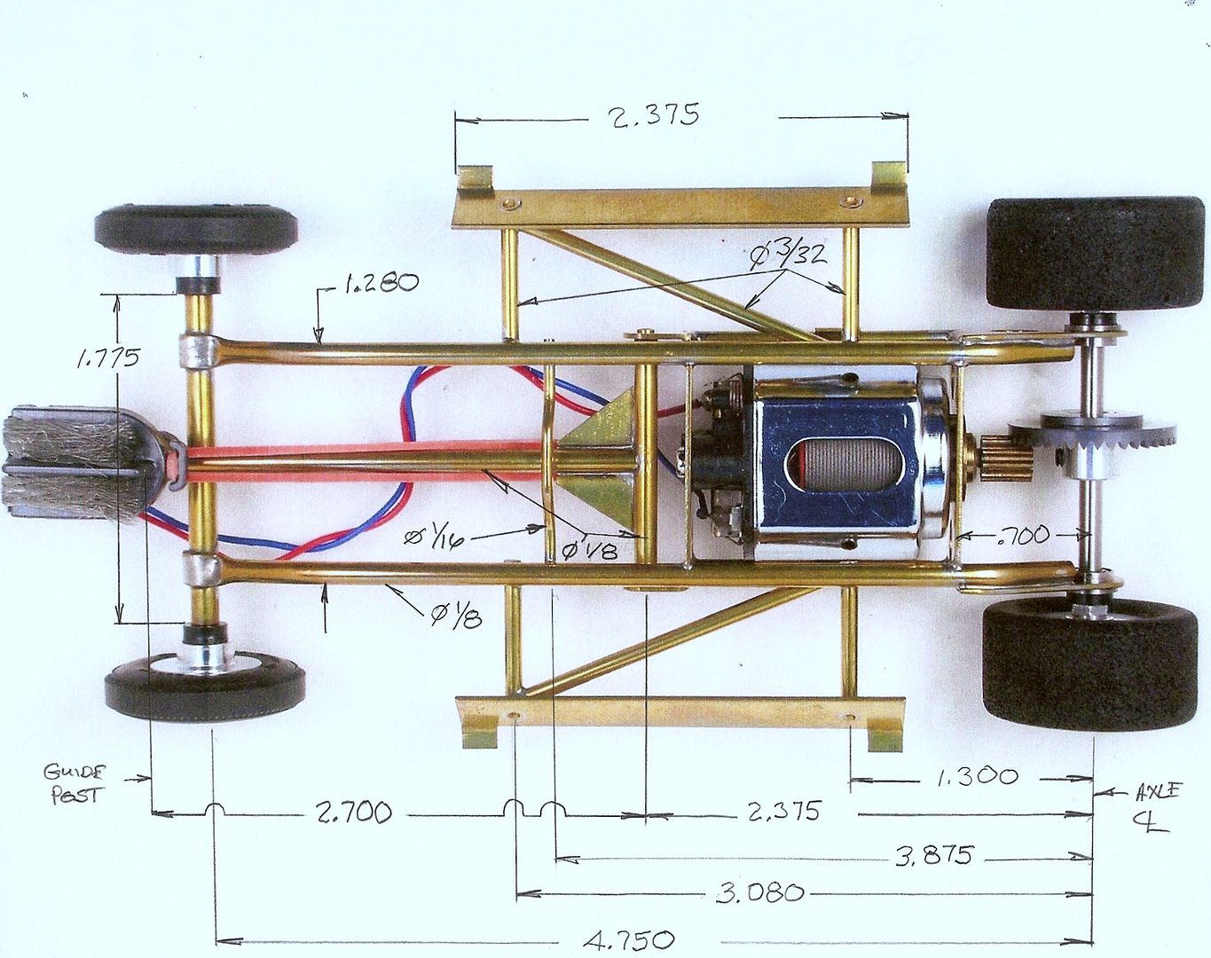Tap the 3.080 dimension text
coord(759,892)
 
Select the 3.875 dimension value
coord(933,856)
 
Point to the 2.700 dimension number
coord(353,813)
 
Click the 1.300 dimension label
coord(978,777)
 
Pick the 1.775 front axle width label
coord(108,357)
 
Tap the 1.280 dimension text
coord(380,284)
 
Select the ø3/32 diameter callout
coord(787,254)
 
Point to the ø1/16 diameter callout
coord(434,538)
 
